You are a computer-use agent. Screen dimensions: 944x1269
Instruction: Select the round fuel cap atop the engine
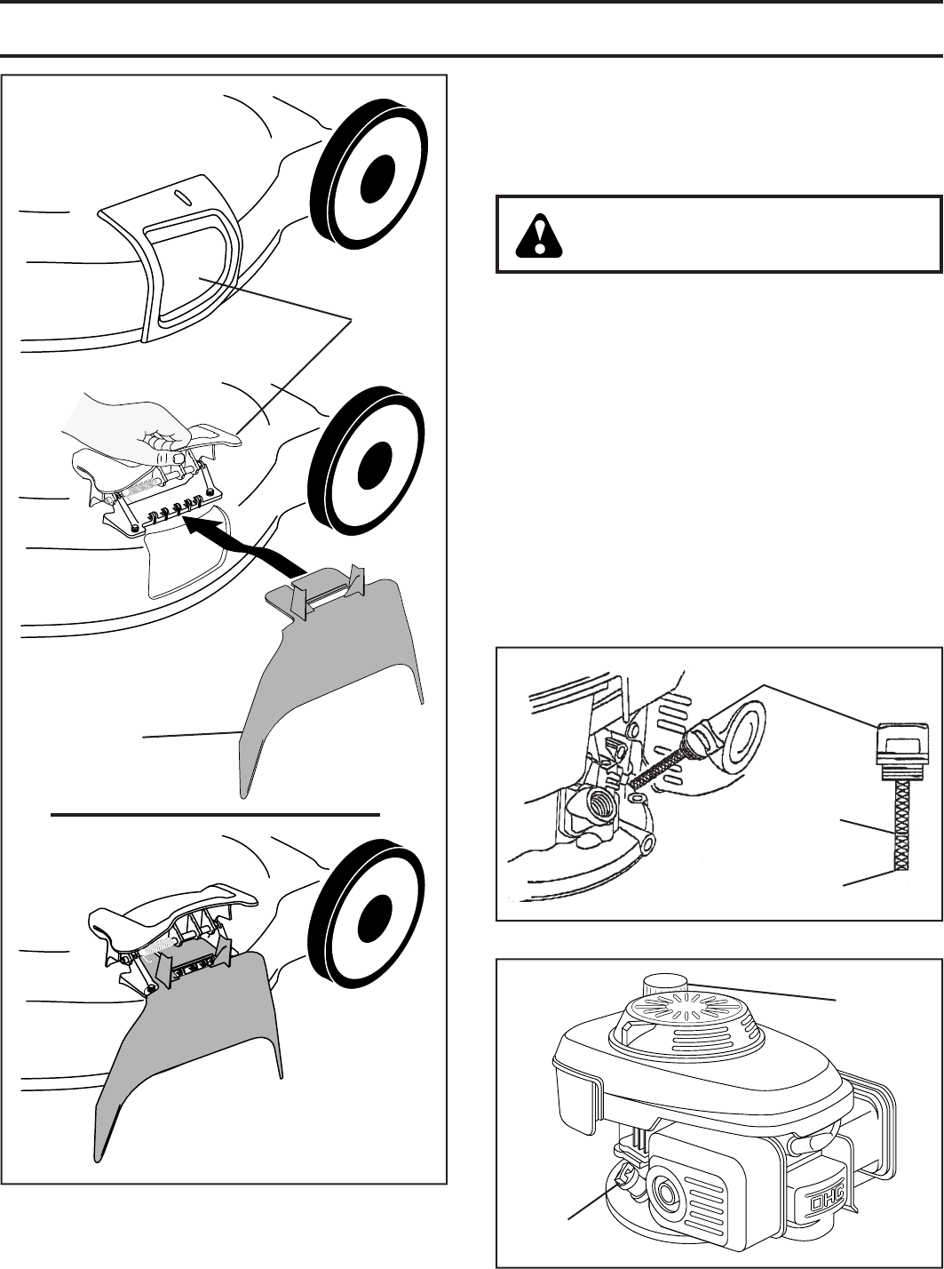pyautogui.click(x=664, y=984)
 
